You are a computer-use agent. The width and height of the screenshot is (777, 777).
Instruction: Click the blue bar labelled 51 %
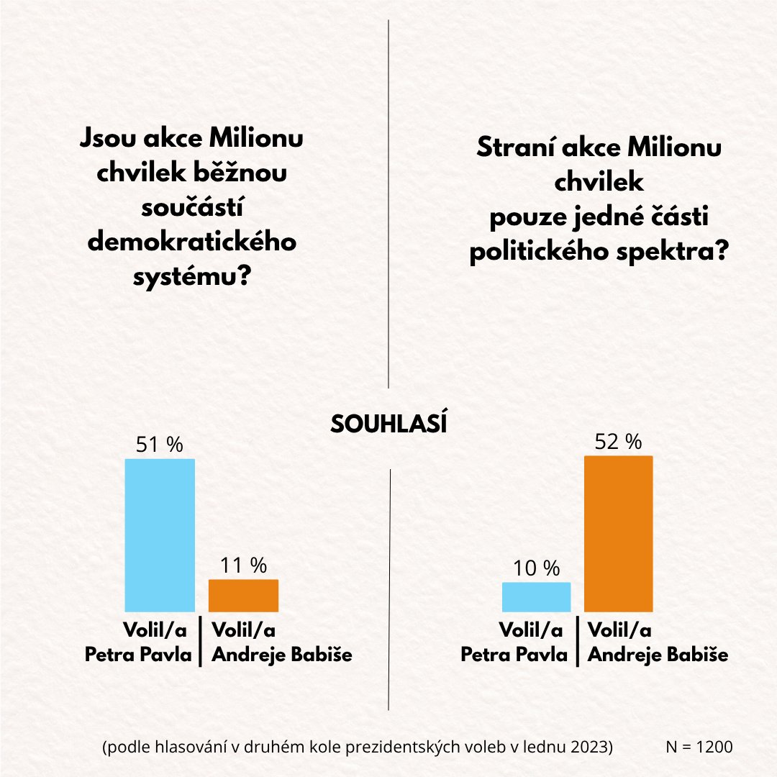point(160,535)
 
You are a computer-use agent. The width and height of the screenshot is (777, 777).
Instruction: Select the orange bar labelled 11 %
point(243,595)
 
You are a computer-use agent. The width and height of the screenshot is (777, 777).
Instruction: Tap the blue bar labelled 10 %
point(536,596)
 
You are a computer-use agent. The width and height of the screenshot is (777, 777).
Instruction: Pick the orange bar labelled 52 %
point(618,533)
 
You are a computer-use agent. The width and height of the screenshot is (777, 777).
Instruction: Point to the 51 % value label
point(160,445)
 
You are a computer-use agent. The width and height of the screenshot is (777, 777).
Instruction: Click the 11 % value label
point(243,565)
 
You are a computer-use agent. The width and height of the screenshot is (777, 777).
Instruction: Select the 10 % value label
point(536,568)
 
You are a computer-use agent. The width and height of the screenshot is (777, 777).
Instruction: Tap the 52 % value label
point(618,442)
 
